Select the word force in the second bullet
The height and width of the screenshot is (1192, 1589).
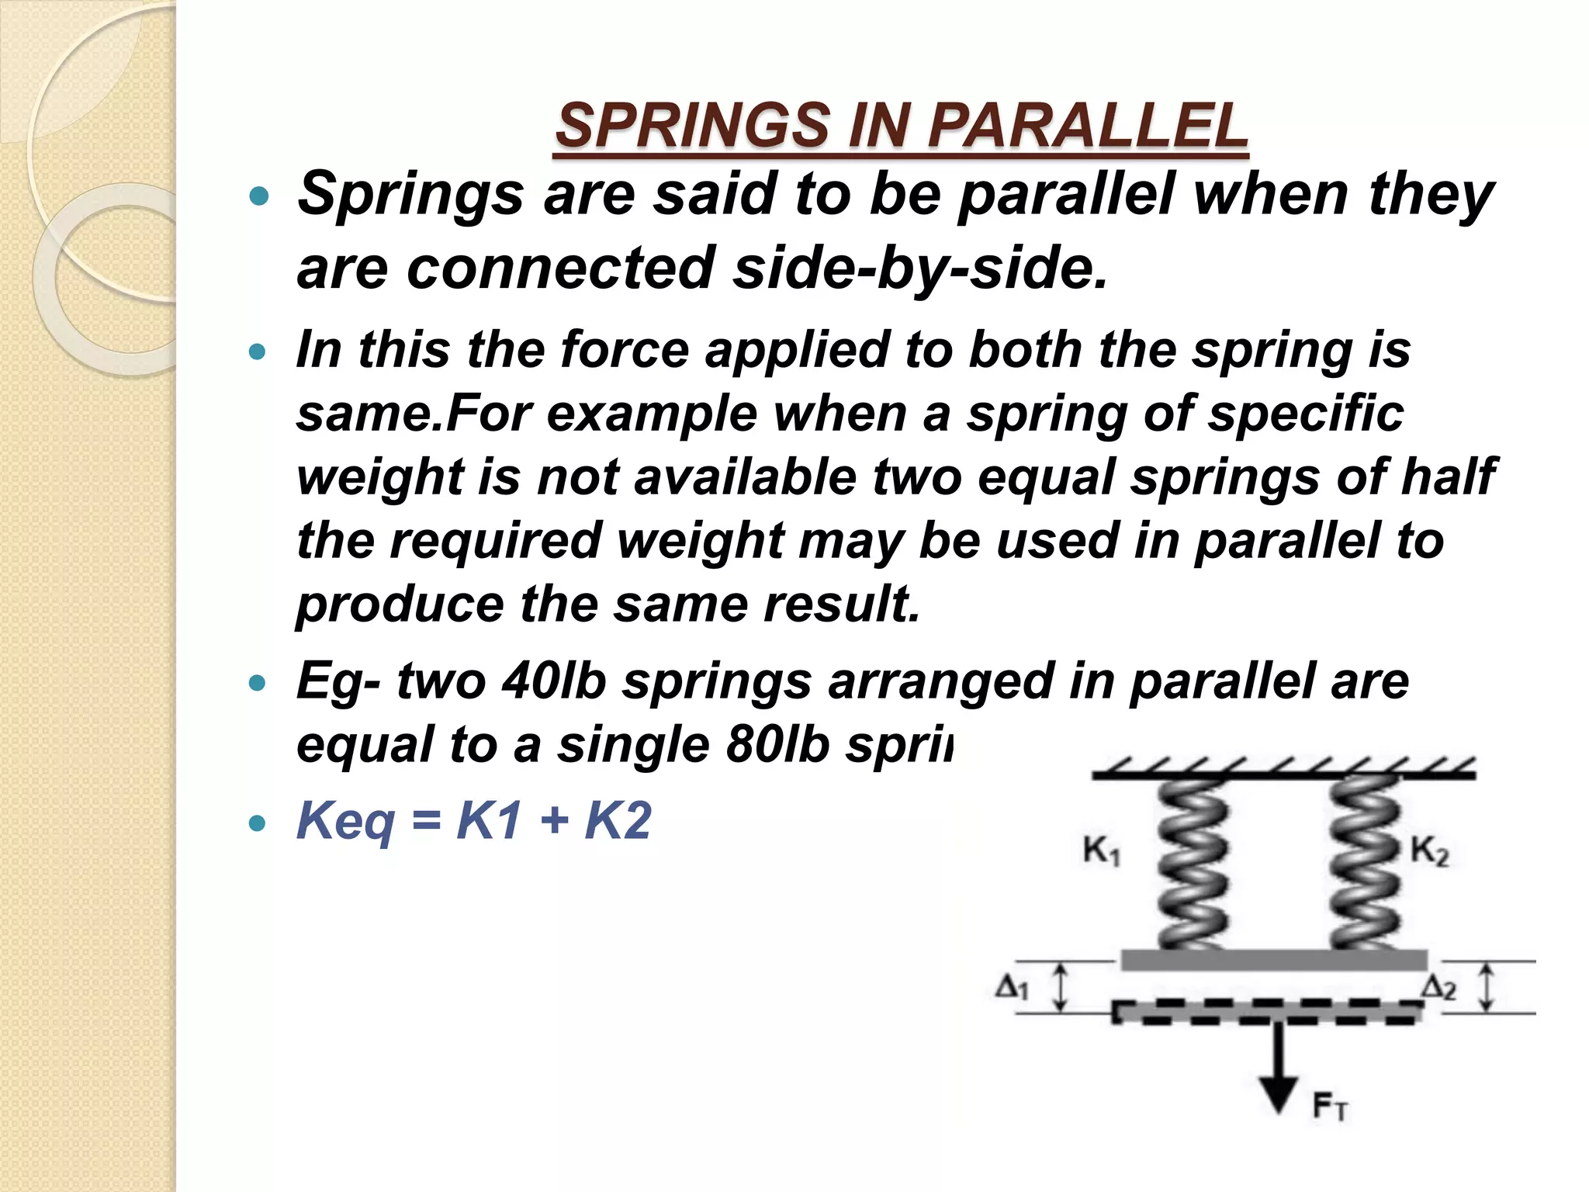coord(625,349)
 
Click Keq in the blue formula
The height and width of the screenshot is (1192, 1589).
coord(345,821)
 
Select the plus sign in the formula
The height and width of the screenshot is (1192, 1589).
coord(554,821)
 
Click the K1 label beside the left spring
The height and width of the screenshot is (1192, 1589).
coord(1101,851)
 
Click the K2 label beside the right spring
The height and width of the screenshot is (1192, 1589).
coord(1429,851)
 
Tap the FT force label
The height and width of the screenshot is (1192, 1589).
coord(1330,1106)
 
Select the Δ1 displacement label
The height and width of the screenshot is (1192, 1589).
coord(1012,988)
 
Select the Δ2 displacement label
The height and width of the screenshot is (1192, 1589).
coord(1438,988)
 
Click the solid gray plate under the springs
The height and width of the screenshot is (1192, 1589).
coord(1273,960)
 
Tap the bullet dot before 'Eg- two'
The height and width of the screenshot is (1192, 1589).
coord(258,684)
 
